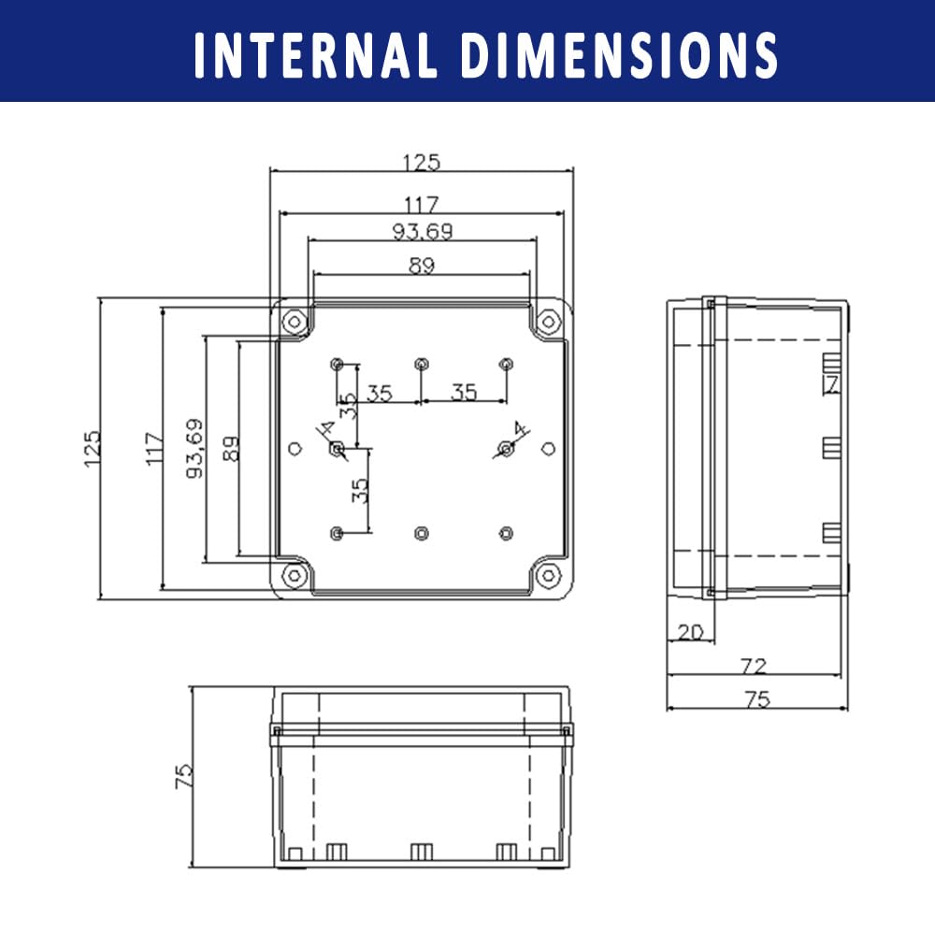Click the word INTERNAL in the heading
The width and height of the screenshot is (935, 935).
click(x=315, y=55)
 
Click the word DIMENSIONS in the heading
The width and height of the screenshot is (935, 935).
click(x=619, y=55)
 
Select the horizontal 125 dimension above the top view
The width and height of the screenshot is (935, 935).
click(x=422, y=162)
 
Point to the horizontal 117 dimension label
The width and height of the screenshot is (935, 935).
click(x=422, y=205)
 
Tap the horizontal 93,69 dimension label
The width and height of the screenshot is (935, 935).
click(x=423, y=231)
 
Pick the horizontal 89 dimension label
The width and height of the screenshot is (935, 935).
click(x=422, y=266)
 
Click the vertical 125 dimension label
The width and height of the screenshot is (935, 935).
click(x=93, y=449)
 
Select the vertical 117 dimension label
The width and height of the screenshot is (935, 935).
click(x=154, y=449)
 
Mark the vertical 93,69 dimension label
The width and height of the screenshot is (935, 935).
click(x=194, y=449)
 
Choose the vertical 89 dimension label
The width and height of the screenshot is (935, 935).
click(x=230, y=449)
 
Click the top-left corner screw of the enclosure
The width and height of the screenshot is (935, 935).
click(x=294, y=322)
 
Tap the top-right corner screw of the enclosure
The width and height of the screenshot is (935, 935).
click(x=549, y=322)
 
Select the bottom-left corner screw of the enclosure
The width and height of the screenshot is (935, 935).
click(x=294, y=575)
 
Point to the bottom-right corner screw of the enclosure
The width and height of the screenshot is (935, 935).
click(x=549, y=575)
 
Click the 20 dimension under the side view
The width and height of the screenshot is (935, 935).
click(x=691, y=631)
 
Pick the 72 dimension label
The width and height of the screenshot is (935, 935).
click(x=753, y=666)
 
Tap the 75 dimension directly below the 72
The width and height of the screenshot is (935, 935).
click(x=757, y=698)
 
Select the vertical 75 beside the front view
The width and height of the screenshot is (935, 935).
click(x=184, y=776)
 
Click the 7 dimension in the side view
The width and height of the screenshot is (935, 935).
click(x=831, y=384)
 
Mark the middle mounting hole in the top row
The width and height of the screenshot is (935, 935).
click(x=422, y=364)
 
